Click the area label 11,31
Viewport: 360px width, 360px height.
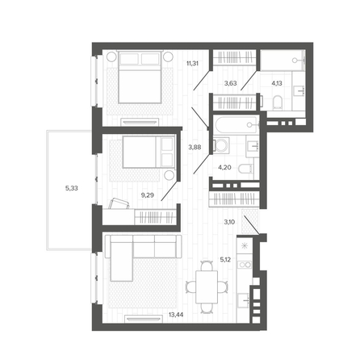coord(192,64)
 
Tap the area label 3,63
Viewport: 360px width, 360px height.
coord(230,83)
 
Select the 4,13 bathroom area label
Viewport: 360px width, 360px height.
coord(277,83)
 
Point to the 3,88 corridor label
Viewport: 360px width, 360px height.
coord(195,147)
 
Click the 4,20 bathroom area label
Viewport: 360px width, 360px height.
coord(224,167)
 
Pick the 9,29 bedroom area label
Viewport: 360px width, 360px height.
coord(148,195)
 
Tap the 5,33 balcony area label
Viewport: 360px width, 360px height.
coord(72,188)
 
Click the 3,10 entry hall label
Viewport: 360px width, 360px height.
coord(229,222)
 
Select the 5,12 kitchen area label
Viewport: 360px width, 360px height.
coord(225,260)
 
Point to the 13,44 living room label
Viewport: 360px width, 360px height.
coord(176,314)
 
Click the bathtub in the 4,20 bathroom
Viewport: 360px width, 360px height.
coord(236,124)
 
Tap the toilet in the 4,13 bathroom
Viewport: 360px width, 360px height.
coord(278,103)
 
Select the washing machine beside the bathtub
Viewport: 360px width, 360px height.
coord(221,145)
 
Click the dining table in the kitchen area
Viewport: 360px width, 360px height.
coord(207,287)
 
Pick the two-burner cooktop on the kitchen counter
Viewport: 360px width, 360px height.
coord(245,265)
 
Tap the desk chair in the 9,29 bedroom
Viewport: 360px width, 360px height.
coord(119,203)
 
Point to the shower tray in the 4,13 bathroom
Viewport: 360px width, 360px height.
coord(283,60)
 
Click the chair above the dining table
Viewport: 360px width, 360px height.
coord(207,266)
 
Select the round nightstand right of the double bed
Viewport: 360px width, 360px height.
coord(168,57)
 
